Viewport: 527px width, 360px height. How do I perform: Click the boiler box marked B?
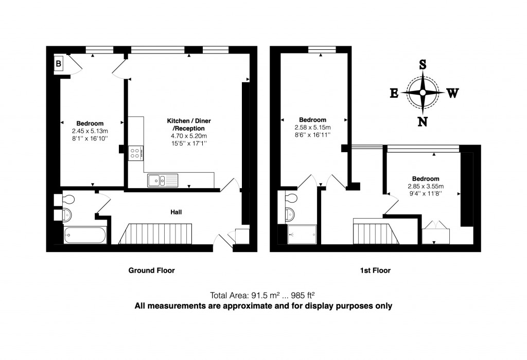(59, 64)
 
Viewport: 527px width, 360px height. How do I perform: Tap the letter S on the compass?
(423, 65)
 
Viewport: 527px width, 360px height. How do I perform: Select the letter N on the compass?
(423, 121)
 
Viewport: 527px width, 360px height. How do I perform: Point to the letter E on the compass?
(394, 93)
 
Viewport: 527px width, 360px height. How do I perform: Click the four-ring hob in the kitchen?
(136, 153)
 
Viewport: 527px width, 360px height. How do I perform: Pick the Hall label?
(177, 212)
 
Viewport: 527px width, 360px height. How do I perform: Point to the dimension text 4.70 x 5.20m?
(188, 136)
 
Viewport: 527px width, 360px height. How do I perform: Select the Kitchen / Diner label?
(188, 121)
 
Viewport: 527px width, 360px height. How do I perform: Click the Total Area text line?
(262, 295)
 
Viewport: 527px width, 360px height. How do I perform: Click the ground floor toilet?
(68, 198)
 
